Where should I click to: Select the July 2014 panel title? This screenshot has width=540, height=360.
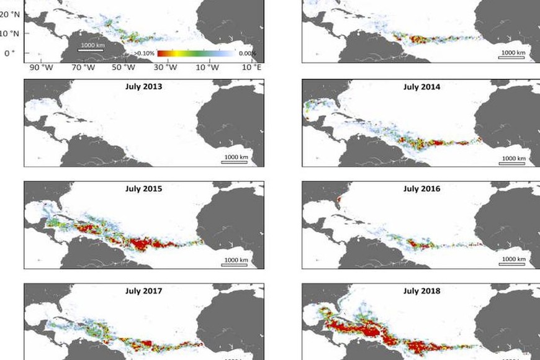[x=421, y=87]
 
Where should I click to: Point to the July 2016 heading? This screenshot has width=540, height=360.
[x=421, y=189]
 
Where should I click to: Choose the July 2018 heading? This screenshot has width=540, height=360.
[x=421, y=290]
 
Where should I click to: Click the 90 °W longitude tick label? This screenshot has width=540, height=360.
[x=38, y=67]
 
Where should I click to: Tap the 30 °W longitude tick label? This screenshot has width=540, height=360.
[x=166, y=67]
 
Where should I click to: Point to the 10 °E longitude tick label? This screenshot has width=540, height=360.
[x=251, y=67]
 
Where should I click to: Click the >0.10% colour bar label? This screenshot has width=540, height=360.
[x=144, y=54]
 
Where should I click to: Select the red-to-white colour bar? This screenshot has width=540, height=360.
[x=196, y=54]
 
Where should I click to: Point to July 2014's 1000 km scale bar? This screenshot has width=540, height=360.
[x=513, y=160]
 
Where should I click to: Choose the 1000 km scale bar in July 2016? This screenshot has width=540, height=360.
[x=513, y=262]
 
